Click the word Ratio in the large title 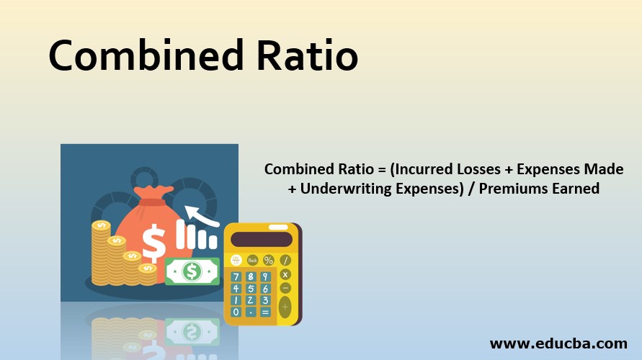tap(308, 55)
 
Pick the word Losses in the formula tap(473, 169)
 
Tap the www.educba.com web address tap(558, 343)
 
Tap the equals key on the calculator tap(265, 312)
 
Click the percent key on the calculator tap(269, 260)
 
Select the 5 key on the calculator tap(251, 289)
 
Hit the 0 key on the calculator tap(236, 312)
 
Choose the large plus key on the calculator tap(285, 307)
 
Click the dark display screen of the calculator tap(262, 240)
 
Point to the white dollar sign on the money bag tap(153, 243)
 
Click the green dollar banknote tap(192, 271)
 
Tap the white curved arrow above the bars tap(202, 215)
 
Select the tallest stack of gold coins tap(101, 253)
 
